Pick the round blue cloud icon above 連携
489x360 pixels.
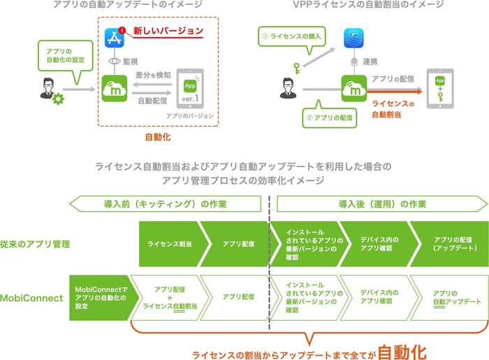(355, 40)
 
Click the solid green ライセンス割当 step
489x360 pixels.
(170, 245)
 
